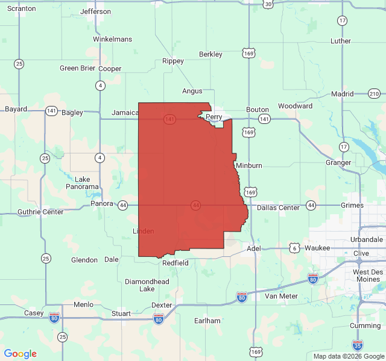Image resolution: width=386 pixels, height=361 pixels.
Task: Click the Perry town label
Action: tap(214, 117)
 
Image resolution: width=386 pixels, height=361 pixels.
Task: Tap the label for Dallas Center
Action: tap(278, 208)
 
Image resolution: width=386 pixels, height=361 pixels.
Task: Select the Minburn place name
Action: tap(249, 165)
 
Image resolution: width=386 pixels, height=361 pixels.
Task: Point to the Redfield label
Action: tap(176, 263)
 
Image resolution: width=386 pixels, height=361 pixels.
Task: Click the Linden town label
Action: tap(143, 231)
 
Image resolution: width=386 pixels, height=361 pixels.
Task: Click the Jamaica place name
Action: tap(125, 113)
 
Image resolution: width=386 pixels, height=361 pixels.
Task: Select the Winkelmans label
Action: tap(112, 39)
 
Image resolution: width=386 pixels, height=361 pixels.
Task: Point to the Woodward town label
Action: tap(296, 106)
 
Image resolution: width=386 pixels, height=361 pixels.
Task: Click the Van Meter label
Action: tap(281, 296)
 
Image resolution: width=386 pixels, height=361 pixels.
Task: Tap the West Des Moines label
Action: tap(367, 276)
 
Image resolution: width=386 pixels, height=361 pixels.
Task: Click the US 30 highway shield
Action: tap(268, 4)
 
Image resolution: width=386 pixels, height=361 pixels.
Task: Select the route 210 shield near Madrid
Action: tap(375, 93)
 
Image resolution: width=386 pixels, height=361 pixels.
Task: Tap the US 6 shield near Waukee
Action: tap(294, 248)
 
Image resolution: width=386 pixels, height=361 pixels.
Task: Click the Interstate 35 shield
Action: tap(358, 345)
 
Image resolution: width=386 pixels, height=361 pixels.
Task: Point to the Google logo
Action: tap(20, 354)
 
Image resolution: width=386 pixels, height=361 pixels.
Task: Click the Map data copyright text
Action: tap(348, 356)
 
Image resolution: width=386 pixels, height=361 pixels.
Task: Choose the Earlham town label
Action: tap(207, 321)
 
